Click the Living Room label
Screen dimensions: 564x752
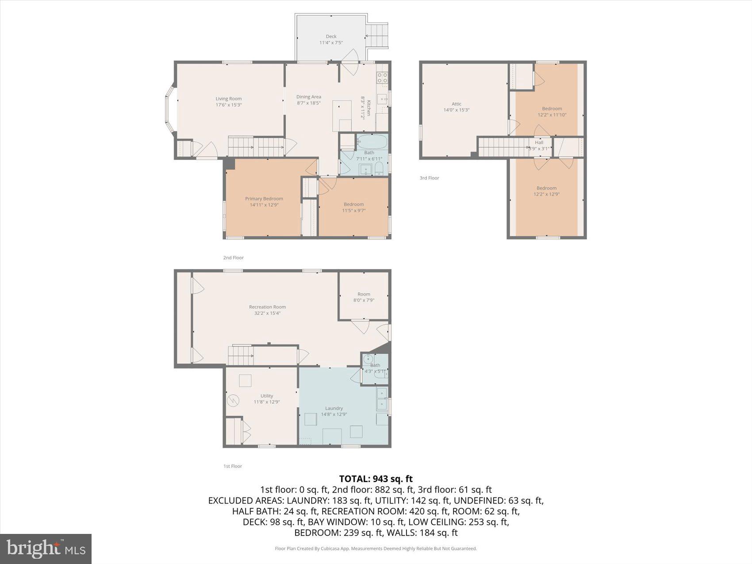[229, 99]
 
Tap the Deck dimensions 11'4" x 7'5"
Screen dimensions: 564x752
[331, 43]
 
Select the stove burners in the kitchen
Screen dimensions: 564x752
[382, 78]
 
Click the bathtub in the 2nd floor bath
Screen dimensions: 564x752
[372, 142]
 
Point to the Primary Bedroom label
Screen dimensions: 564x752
[264, 199]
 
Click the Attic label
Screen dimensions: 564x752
[457, 104]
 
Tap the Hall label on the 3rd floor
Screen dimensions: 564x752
[539, 142]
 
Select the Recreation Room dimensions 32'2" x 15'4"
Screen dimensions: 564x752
[267, 313]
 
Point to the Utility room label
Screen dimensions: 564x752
[267, 396]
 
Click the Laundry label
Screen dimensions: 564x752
[334, 408]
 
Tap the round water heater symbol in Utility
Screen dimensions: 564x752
[233, 401]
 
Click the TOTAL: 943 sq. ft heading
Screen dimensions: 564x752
[376, 479]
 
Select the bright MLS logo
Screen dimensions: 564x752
[46, 549]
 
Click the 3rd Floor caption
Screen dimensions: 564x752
[429, 178]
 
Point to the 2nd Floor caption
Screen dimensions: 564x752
[233, 257]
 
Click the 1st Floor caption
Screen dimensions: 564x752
[233, 466]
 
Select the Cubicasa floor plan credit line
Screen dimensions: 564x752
[376, 549]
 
